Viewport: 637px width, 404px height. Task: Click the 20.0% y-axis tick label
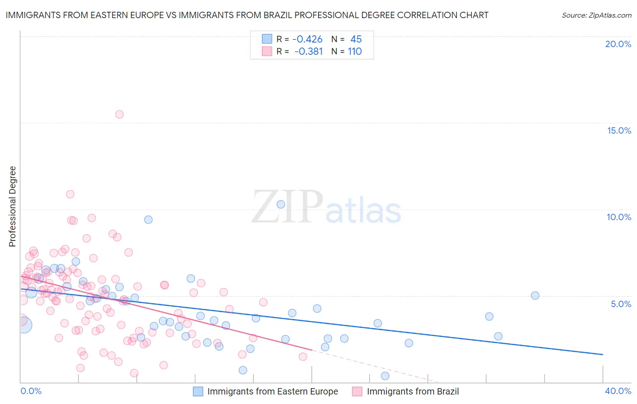point(618,44)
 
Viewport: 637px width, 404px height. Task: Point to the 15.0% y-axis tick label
point(619,130)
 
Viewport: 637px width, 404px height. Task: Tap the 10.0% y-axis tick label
point(619,217)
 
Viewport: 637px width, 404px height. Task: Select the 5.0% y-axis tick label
point(621,304)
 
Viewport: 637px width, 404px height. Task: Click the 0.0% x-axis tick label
point(31,391)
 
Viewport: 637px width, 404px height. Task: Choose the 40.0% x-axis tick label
point(618,391)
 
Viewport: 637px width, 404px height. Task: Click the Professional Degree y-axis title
point(13,207)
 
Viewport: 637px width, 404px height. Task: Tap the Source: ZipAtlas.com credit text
point(596,15)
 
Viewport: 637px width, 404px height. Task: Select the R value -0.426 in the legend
point(307,39)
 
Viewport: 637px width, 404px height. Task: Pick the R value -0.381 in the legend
point(308,52)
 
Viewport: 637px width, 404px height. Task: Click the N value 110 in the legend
point(355,52)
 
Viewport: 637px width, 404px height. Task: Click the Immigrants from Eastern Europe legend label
point(272,392)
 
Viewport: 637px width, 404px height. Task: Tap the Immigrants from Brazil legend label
point(413,392)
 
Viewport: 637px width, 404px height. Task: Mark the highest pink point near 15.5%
point(119,114)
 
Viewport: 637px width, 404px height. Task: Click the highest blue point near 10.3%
point(281,204)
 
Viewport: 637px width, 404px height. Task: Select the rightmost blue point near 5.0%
point(535,295)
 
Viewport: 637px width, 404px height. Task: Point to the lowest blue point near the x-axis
point(385,376)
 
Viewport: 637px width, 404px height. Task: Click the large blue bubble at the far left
point(24,324)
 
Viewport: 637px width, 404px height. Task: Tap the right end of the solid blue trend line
point(603,354)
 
